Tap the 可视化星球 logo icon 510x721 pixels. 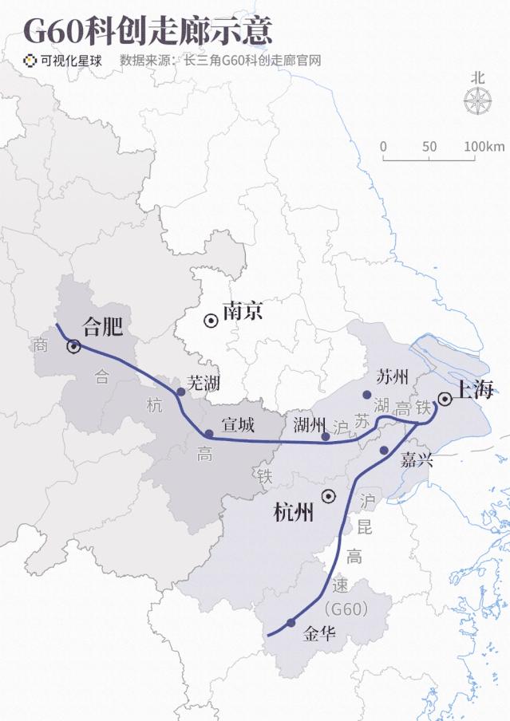[x=30, y=60]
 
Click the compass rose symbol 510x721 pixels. [x=477, y=100]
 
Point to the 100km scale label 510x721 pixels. [x=484, y=147]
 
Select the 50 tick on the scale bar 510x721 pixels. [x=429, y=147]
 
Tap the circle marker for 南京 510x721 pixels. [x=211, y=321]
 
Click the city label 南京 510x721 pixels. [x=243, y=311]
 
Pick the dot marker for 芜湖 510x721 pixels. [x=181, y=392]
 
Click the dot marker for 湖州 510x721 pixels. [x=325, y=436]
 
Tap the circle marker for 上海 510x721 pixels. [x=445, y=399]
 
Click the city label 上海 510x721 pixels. [x=476, y=389]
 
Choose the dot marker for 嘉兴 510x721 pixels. [x=384, y=451]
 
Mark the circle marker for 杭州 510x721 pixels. [x=327, y=496]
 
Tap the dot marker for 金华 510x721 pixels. [x=291, y=622]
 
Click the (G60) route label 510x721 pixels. [x=347, y=610]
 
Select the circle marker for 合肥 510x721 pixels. [x=73, y=346]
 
